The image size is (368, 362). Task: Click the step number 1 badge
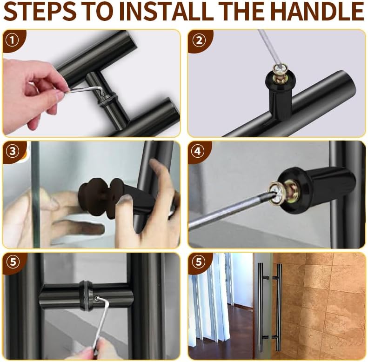[12, 40]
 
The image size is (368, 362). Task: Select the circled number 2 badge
[199, 40]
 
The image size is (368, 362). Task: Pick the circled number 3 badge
[13, 151]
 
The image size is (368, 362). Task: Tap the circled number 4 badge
[198, 151]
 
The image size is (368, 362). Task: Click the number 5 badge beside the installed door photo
[199, 262]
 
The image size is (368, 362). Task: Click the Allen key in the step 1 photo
[85, 89]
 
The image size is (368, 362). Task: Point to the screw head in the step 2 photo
[279, 68]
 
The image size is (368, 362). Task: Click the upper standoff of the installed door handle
[270, 277]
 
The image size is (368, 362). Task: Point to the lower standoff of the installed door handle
[270, 337]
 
